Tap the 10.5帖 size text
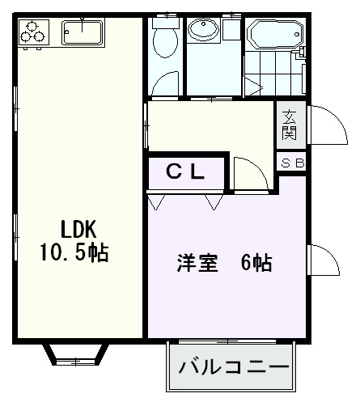[74, 252]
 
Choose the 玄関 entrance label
[289, 125]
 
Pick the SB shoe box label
[292, 163]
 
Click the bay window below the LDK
[74, 353]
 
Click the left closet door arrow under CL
[159, 201]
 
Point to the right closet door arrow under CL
[214, 201]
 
